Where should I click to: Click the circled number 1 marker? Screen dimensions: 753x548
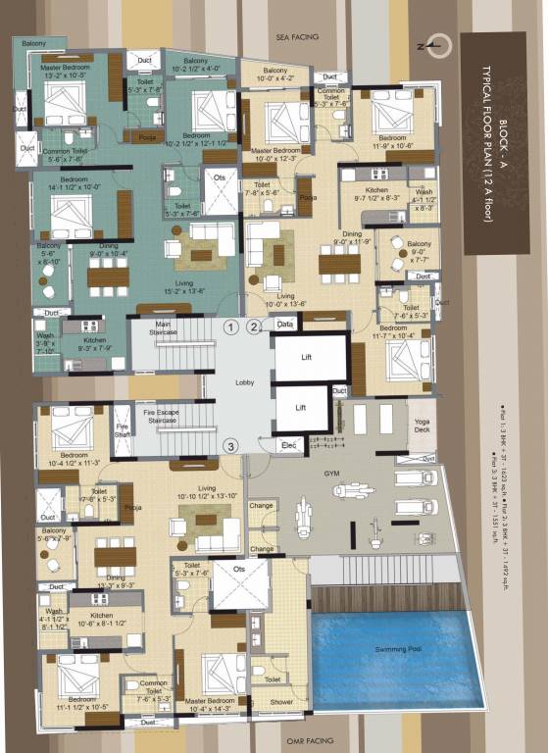(230, 327)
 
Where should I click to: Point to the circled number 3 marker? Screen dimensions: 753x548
(230, 446)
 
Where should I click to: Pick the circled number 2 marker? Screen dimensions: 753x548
(254, 327)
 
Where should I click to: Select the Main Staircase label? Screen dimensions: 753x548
(163, 327)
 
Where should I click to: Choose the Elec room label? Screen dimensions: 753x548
(288, 444)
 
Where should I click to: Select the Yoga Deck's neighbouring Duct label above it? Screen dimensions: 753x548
(339, 391)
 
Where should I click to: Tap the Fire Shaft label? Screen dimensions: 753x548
(123, 431)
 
